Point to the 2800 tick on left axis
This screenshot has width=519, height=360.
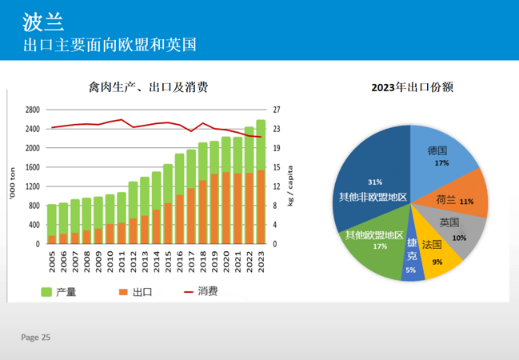coord(32,110)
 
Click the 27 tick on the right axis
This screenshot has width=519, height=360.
coord(276,110)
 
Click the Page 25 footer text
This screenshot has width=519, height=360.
coord(36,338)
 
